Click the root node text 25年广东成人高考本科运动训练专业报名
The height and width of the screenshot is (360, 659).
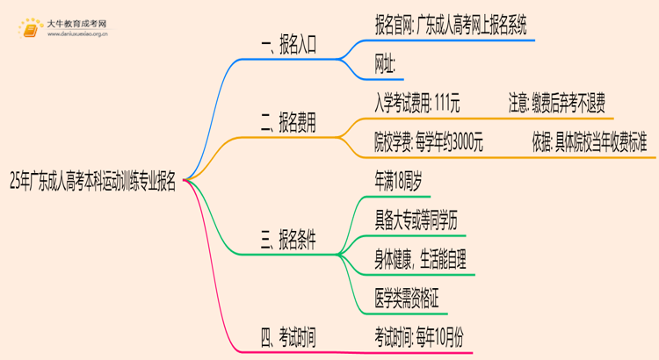(x=91, y=183)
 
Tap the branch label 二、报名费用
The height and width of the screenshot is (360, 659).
(x=277, y=125)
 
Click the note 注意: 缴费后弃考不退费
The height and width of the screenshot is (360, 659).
(x=556, y=102)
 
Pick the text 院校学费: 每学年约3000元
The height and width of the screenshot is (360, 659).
(x=428, y=140)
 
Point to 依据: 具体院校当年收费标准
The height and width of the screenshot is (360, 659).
(x=589, y=140)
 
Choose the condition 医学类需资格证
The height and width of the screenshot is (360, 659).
(x=406, y=297)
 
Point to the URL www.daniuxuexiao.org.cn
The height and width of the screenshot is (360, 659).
(x=77, y=35)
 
